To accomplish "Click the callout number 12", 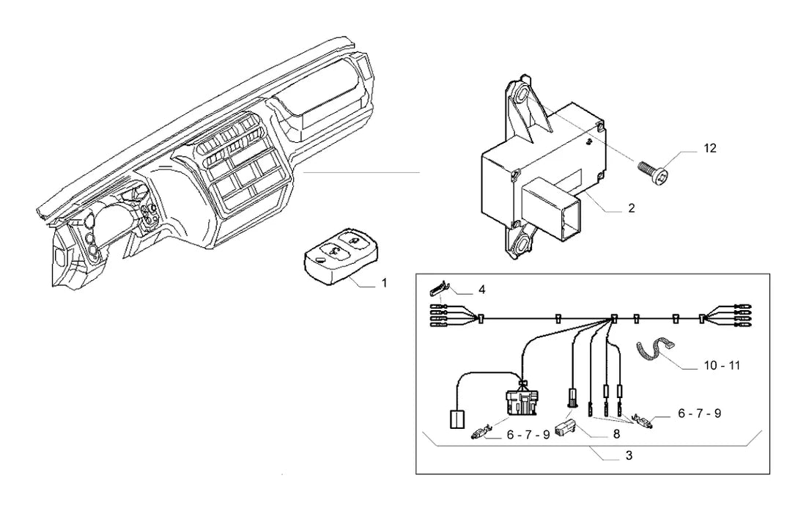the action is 710,148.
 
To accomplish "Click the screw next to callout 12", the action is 654,173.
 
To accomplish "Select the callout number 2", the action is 631,207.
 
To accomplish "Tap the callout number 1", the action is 383,283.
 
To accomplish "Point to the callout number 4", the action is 481,290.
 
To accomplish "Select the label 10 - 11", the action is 722,366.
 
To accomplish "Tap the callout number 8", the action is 616,435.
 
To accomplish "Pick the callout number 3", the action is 629,455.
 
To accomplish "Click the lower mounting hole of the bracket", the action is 524,240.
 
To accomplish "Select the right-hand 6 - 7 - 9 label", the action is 700,413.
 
